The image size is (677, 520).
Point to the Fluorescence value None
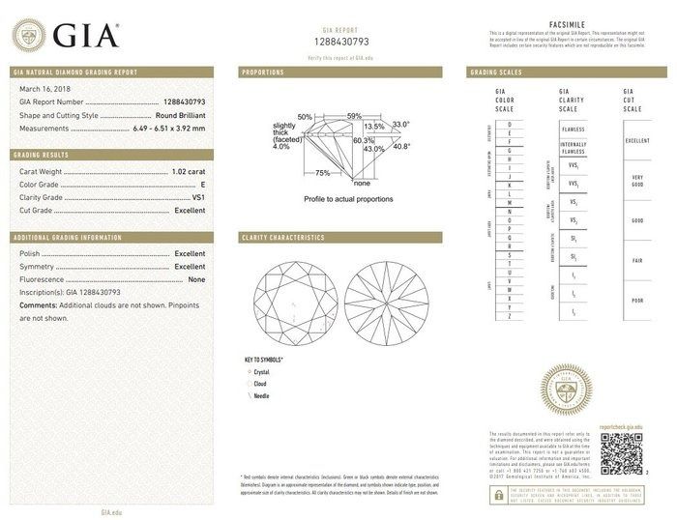(x=196, y=278)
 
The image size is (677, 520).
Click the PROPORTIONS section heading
(x=263, y=72)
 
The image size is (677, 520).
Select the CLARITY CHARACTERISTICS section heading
(x=282, y=237)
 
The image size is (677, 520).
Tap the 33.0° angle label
(x=400, y=125)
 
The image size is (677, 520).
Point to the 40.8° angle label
(x=400, y=147)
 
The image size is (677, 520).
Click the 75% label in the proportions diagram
(x=322, y=174)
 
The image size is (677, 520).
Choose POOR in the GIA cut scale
(x=637, y=301)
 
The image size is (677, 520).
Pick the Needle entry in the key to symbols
(x=262, y=395)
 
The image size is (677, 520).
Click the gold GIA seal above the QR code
(x=564, y=390)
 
